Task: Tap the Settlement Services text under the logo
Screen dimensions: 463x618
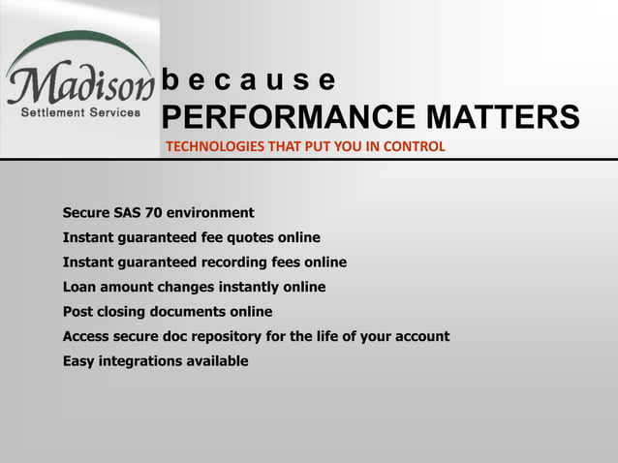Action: point(80,112)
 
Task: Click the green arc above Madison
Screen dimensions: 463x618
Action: point(77,41)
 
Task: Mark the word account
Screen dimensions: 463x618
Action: point(419,337)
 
